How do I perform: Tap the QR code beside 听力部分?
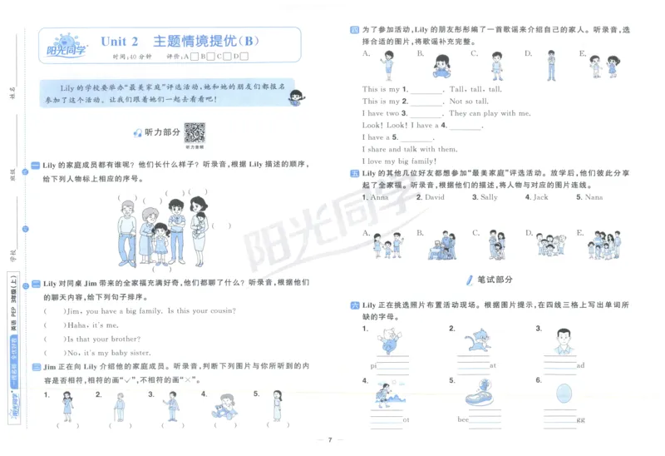tap(195, 132)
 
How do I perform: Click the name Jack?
tap(539, 197)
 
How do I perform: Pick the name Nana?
tap(594, 197)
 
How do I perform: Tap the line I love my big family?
tap(399, 161)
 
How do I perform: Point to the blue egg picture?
tap(564, 393)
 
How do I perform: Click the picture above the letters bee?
tap(480, 392)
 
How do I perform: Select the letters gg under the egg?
tap(579, 419)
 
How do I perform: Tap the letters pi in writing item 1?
tap(375, 364)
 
